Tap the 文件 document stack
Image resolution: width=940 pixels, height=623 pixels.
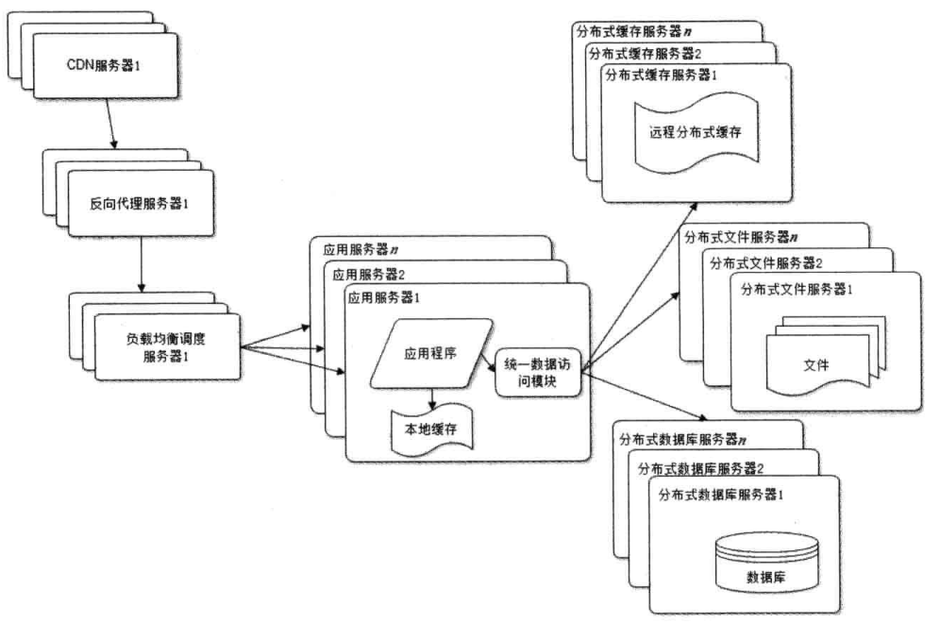coord(815,364)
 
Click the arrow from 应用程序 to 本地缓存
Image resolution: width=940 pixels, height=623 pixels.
coord(431,396)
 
